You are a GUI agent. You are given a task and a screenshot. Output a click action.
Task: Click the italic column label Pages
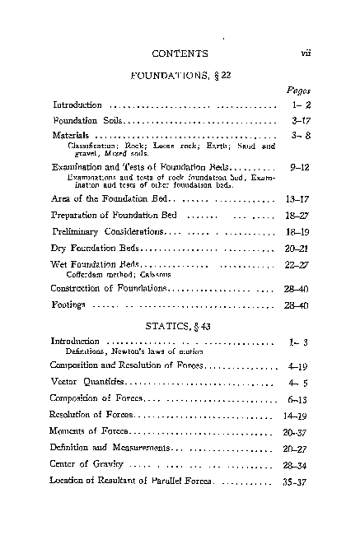pos(297,91)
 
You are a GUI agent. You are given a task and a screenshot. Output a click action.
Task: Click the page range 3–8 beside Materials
pos(299,135)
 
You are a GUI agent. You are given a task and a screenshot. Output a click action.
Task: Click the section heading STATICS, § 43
pos(180,327)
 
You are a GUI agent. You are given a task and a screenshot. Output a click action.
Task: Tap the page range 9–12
pos(297,166)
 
